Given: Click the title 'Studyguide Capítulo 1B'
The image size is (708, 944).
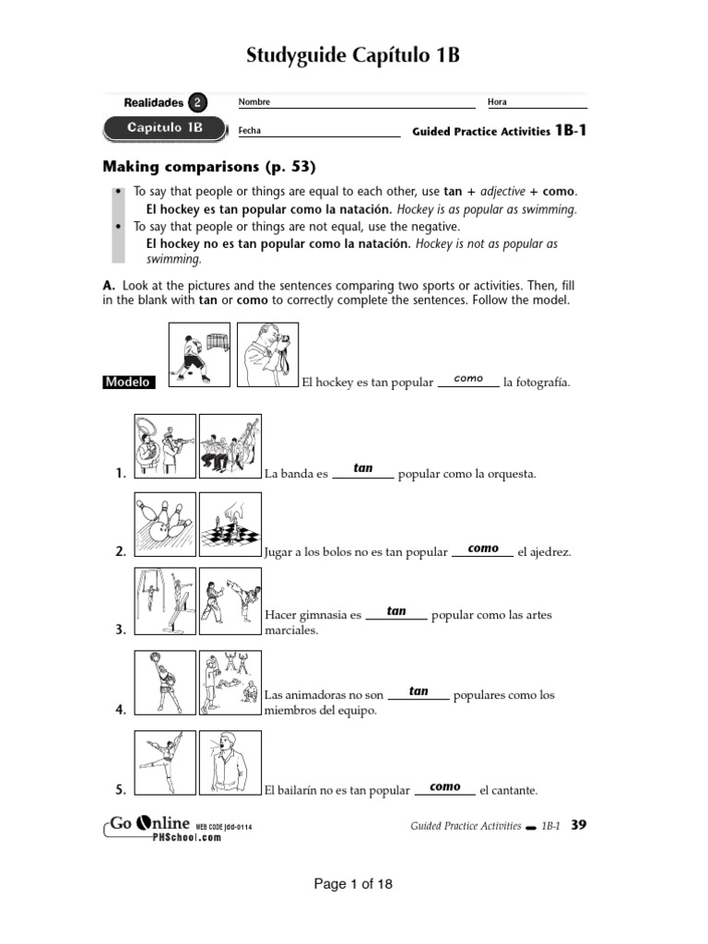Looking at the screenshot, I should coord(353,57).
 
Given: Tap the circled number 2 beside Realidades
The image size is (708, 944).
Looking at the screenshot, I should coord(198,102).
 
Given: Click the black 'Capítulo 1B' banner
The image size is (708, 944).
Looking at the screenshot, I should coord(164,128).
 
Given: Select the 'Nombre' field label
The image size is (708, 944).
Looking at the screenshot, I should coord(254,102).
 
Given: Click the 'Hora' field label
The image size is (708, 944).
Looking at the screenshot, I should coord(497,102).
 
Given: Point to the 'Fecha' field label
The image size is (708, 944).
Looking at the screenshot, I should coord(249,131).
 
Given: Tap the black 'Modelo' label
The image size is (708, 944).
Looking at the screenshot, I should coord(128,382).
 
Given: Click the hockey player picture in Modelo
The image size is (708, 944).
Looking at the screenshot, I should coord(199,354).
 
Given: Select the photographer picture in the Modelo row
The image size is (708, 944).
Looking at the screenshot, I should coord(267,354).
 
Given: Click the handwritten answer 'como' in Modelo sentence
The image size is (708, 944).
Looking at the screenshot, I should coord(468,378).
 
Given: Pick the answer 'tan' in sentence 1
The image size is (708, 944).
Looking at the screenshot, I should coord(363,468).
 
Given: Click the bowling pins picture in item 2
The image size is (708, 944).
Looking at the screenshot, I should coord(165,525).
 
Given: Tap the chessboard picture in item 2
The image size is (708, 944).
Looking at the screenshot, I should coord(230,525).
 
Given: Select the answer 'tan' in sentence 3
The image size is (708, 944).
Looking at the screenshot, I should coord(396,610).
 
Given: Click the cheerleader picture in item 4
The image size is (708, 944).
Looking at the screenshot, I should coord(165,682).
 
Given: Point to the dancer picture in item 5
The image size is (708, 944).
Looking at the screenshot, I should coord(165,762).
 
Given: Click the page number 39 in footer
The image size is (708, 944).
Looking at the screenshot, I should coord(578,825).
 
